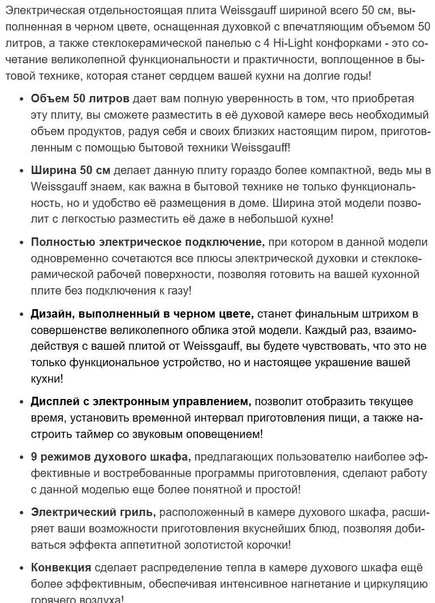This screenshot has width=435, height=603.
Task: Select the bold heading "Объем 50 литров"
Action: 80,99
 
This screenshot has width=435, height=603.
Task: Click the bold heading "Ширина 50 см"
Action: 71,170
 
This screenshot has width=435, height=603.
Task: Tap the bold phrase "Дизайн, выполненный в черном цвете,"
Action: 143,314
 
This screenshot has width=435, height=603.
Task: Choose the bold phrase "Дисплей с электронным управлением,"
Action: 141,402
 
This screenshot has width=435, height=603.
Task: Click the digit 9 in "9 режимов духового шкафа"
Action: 35,457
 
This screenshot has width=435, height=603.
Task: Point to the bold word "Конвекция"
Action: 61,567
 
